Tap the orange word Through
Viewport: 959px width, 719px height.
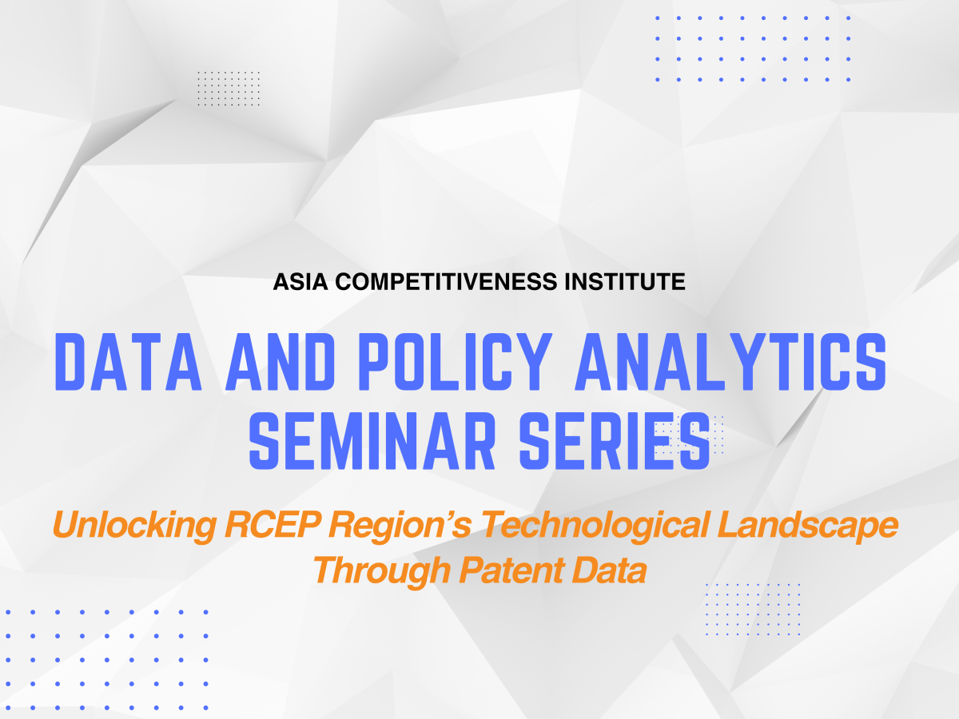pyautogui.click(x=376, y=570)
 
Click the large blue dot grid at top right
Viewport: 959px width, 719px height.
pyautogui.click(x=752, y=48)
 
